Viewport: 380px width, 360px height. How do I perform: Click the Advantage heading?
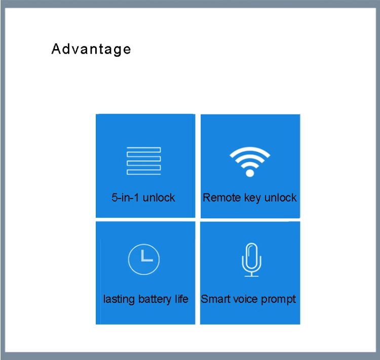[x=91, y=50]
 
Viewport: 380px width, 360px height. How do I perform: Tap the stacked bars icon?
[x=144, y=161]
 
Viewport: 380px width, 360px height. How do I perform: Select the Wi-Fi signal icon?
[x=250, y=162]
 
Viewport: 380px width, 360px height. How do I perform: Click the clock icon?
[x=144, y=259]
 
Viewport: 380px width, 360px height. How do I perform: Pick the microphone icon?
[x=251, y=260]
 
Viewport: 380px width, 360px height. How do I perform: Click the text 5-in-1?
[x=125, y=197]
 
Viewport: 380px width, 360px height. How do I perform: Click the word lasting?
[x=119, y=299]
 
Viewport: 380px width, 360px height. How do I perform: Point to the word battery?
[x=155, y=299]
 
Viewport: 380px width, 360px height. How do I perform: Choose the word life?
[x=182, y=299]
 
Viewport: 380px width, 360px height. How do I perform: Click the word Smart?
[x=215, y=299]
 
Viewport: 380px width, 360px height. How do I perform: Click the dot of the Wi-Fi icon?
[x=250, y=173]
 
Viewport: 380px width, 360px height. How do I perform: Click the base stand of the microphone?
[x=251, y=276]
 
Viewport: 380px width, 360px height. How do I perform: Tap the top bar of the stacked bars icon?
[x=144, y=150]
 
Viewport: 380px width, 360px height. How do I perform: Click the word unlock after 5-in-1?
[x=159, y=197]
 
